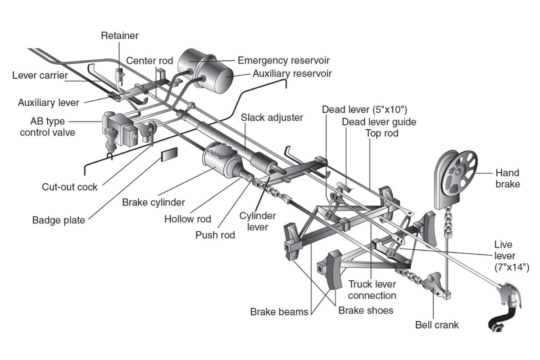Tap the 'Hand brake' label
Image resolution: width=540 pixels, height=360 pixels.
pos(507,178)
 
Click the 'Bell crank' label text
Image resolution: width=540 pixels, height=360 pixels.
pos(436,324)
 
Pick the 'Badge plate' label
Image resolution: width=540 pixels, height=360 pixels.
pos(58,220)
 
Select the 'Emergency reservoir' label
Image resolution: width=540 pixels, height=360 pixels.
pos(283,60)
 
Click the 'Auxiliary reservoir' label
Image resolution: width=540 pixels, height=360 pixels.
pos(292,73)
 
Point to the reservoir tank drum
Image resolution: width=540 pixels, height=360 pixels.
pos(207,69)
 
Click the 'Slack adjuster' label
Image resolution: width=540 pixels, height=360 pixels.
pos(272,117)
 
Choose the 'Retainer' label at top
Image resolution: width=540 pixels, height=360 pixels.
pos(120,35)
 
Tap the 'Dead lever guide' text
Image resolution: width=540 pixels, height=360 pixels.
pos(379,121)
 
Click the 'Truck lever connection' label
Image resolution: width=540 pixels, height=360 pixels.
pos(372,290)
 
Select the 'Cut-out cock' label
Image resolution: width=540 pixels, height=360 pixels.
pos(69,187)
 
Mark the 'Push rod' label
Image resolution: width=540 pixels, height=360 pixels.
pos(215,235)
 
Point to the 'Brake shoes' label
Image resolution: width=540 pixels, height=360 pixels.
pos(366,310)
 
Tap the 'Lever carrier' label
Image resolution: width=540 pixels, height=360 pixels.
pos(40,75)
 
